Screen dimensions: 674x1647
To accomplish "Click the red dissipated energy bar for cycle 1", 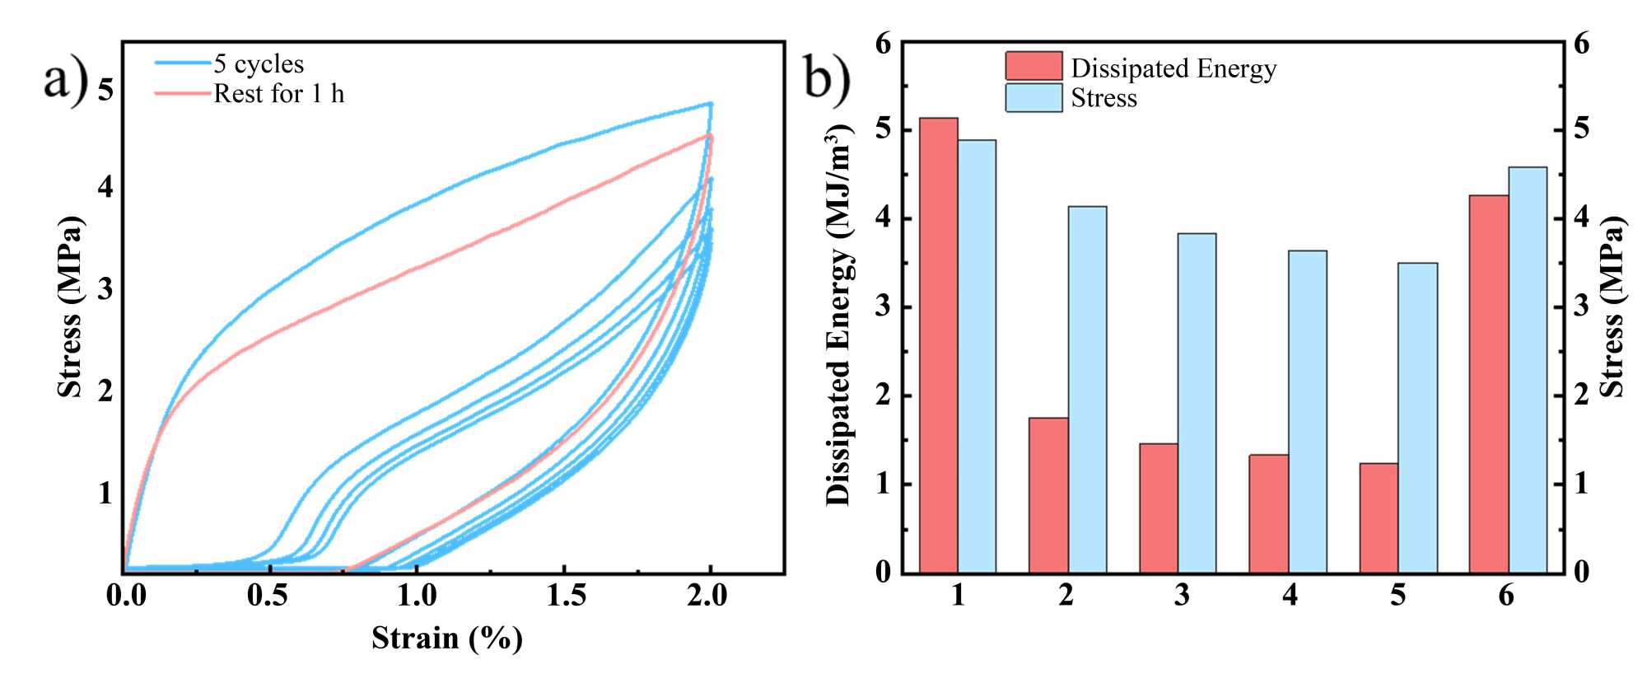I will pyautogui.click(x=938, y=345).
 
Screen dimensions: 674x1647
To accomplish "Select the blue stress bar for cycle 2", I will pyautogui.click(x=1087, y=389).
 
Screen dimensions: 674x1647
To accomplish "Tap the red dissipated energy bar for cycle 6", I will pyautogui.click(x=1488, y=384).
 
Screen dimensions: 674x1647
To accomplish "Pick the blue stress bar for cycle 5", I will pyautogui.click(x=1417, y=418).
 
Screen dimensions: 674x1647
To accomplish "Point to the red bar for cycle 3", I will pyautogui.click(x=1158, y=508).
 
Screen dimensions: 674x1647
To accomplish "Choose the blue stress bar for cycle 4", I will pyautogui.click(x=1307, y=411).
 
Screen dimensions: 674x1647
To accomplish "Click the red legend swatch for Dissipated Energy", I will pyautogui.click(x=1033, y=66).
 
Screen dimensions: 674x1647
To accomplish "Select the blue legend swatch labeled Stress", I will pyautogui.click(x=1033, y=97).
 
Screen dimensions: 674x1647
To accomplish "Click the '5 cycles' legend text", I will pyautogui.click(x=259, y=63).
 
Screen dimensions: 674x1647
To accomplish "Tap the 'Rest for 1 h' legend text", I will pyautogui.click(x=278, y=94).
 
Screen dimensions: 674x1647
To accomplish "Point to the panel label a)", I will pyautogui.click(x=66, y=80).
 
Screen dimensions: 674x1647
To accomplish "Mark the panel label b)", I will pyautogui.click(x=826, y=80).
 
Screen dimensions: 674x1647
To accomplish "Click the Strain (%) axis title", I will pyautogui.click(x=446, y=638).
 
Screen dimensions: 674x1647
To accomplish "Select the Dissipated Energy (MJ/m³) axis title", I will pyautogui.click(x=838, y=315).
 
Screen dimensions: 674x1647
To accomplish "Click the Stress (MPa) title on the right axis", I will pyautogui.click(x=1612, y=307).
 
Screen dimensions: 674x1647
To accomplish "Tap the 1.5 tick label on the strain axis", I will pyautogui.click(x=566, y=595).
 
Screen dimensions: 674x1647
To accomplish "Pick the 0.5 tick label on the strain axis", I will pyautogui.click(x=268, y=595).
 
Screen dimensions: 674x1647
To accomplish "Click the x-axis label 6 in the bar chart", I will pyautogui.click(x=1506, y=595).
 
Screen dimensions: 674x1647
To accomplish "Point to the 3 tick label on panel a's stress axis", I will pyautogui.click(x=105, y=289).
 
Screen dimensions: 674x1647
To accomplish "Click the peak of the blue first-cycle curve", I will pyautogui.click(x=710, y=104).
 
